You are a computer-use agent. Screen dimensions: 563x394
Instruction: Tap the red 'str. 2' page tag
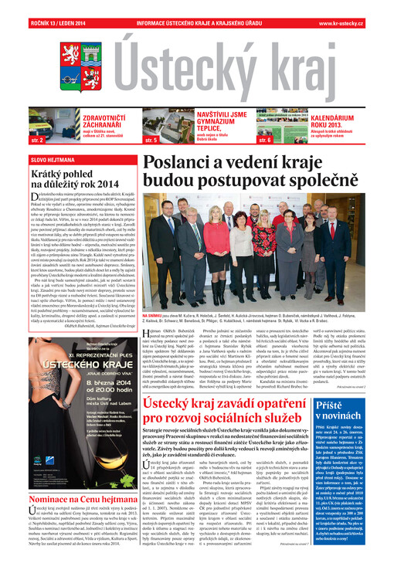[36, 142]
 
